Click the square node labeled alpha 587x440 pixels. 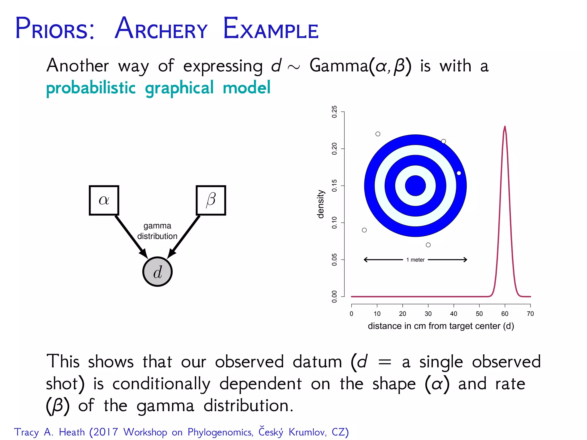(x=104, y=200)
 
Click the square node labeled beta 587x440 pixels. (x=211, y=200)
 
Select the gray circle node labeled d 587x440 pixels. (x=157, y=272)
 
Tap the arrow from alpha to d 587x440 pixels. (x=130, y=235)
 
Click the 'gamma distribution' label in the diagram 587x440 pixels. (x=157, y=231)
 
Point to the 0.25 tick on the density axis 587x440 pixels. (x=334, y=112)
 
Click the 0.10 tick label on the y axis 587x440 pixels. (x=334, y=223)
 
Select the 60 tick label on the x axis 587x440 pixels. (x=505, y=314)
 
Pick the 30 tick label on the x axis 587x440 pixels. (x=428, y=314)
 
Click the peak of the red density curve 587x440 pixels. (x=505, y=126)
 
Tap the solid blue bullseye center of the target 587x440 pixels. (x=415, y=186)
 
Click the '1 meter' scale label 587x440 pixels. (x=415, y=260)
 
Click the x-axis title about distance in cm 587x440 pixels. (x=441, y=326)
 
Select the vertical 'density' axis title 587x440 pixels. (x=321, y=204)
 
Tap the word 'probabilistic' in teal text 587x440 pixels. (x=91, y=88)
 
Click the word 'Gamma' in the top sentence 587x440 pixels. (x=338, y=66)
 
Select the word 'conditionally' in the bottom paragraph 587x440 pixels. (x=161, y=384)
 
